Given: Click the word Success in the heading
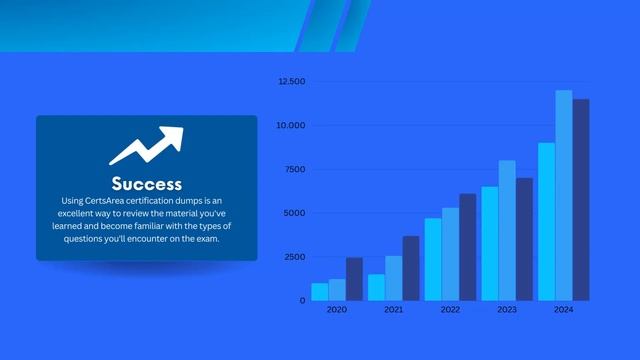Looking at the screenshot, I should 146,184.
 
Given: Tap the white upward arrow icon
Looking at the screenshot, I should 146,145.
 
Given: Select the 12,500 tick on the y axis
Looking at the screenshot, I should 291,81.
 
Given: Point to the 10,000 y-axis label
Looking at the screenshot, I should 291,125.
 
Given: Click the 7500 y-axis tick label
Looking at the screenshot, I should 293,169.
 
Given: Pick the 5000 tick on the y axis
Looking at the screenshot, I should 293,213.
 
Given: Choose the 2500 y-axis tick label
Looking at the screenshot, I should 293,257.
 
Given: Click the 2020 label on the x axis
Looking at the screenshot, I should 337,310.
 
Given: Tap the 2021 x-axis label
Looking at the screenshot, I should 394,310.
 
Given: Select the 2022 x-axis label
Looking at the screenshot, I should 451,310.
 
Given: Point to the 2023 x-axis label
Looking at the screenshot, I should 507,310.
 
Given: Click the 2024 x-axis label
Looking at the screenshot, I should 564,310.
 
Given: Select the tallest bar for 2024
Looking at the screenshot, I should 564,195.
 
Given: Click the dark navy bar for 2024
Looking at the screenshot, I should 581,200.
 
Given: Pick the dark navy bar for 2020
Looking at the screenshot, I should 354,279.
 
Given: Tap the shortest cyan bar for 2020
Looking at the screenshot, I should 319,291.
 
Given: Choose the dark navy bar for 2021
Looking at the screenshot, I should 411,268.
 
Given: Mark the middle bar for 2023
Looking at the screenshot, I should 507,230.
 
